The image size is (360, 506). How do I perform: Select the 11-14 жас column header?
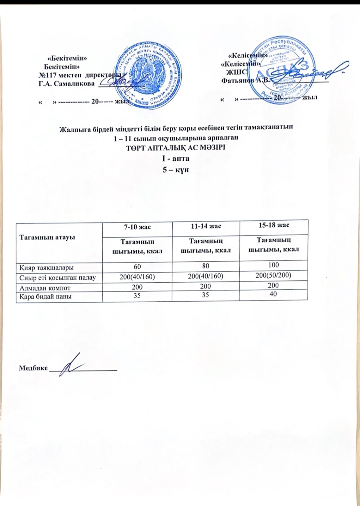pyautogui.click(x=206, y=226)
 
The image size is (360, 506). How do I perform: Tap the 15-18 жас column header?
pyautogui.click(x=273, y=225)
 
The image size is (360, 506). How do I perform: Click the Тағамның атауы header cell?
pyautogui.click(x=47, y=237)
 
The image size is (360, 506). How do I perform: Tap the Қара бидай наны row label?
pyautogui.click(x=46, y=296)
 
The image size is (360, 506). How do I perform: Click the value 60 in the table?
pyautogui.click(x=137, y=267)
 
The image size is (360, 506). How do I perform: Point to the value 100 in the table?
pyautogui.click(x=273, y=265)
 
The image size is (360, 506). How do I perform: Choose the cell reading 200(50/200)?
pyautogui.click(x=273, y=275)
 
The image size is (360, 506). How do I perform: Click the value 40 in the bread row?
pyautogui.click(x=273, y=294)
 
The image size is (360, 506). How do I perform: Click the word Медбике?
pyautogui.click(x=33, y=368)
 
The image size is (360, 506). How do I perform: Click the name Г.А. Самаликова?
pyautogui.click(x=66, y=84)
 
